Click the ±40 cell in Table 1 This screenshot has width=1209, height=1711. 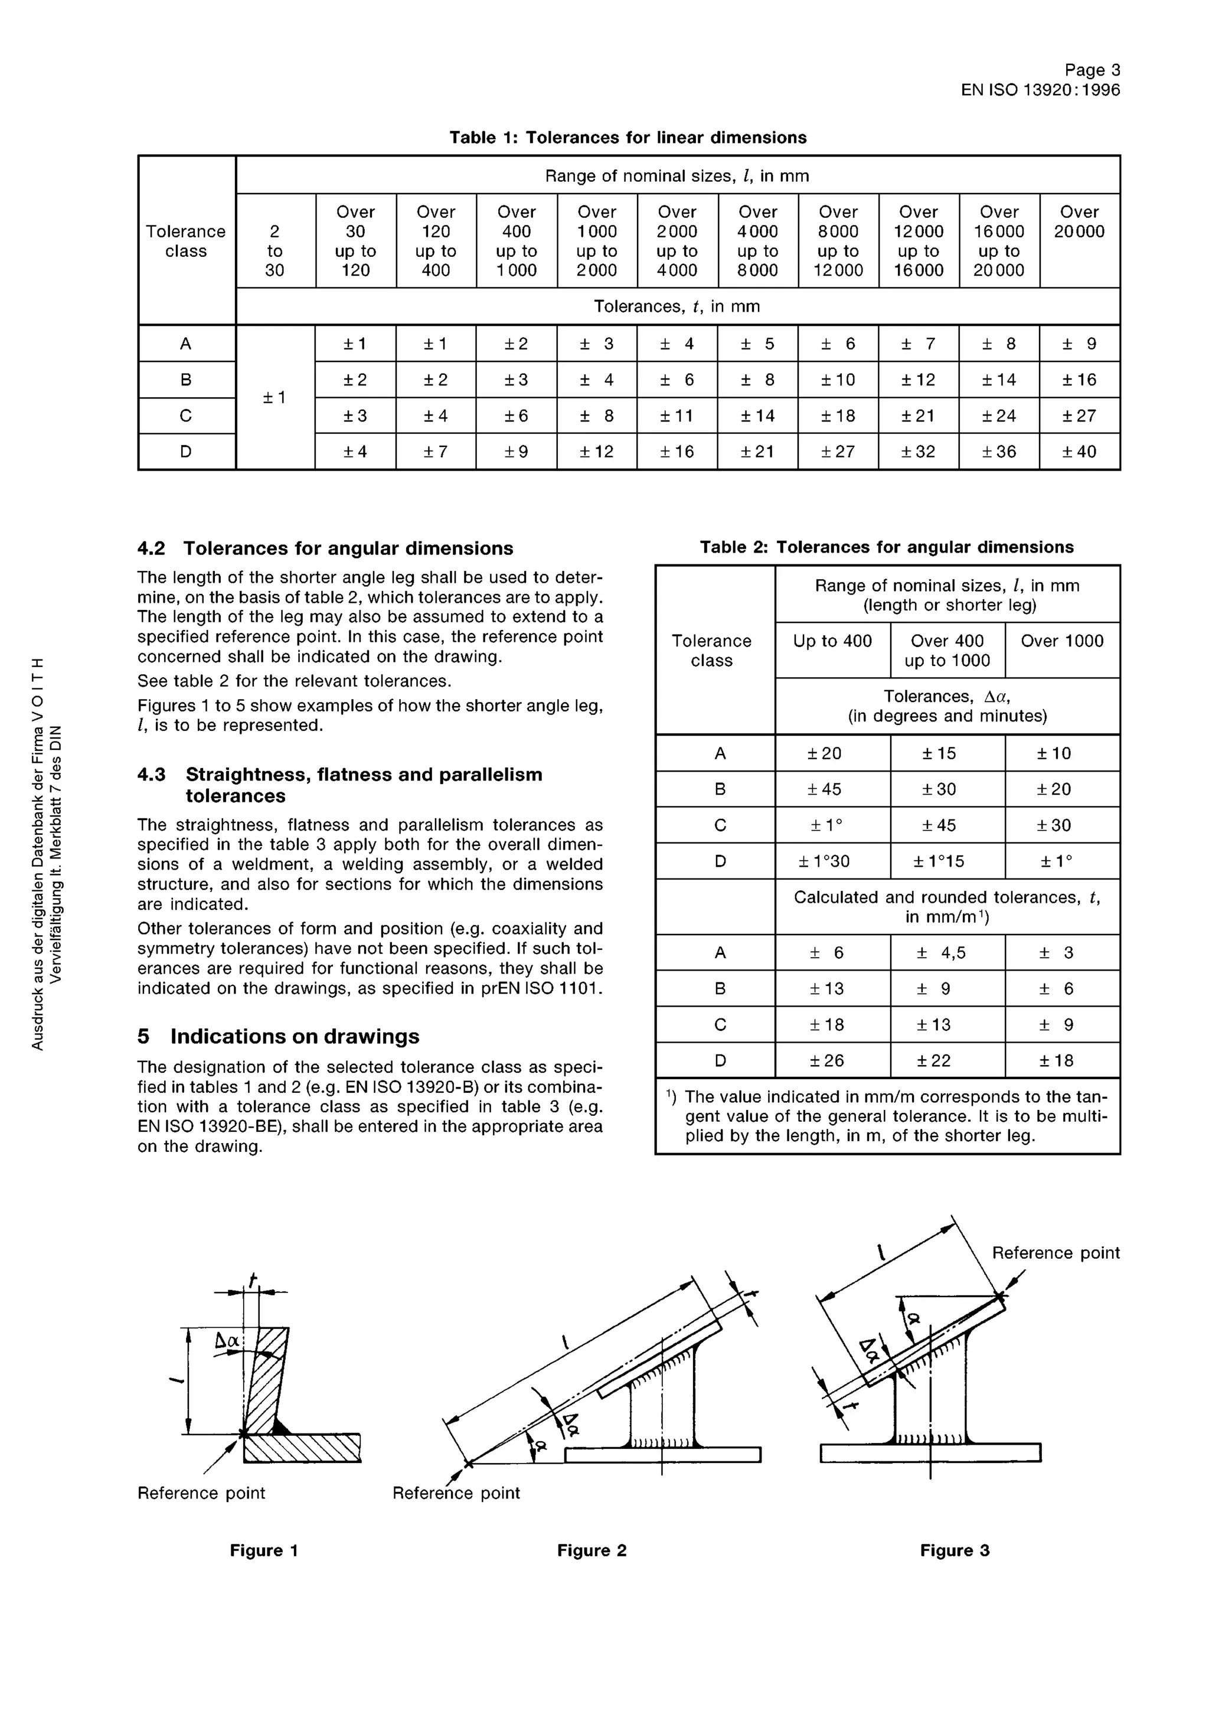point(1079,452)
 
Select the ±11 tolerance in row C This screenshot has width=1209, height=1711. point(677,416)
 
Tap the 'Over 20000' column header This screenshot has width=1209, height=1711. point(1079,222)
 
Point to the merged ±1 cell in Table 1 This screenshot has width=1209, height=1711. point(275,398)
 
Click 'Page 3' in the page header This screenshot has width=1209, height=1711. point(1092,70)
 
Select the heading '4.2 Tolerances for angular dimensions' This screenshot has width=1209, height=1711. point(325,548)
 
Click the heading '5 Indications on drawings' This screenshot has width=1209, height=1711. point(278,1037)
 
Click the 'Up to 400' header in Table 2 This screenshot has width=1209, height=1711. point(832,641)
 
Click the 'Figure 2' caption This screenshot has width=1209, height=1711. point(592,1551)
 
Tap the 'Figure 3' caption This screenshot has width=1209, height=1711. point(954,1551)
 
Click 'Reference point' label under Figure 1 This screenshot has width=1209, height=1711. point(201,1493)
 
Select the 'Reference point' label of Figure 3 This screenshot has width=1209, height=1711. point(1056,1253)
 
